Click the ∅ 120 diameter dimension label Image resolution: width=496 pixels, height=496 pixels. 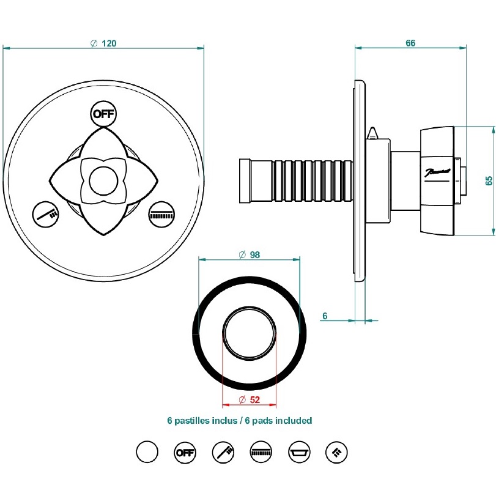(x=103, y=43)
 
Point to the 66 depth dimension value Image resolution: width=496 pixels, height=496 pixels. (x=410, y=43)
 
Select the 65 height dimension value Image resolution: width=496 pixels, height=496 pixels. (x=488, y=180)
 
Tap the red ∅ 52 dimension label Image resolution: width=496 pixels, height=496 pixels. (x=249, y=399)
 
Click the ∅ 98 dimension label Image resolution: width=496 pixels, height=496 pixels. (x=249, y=254)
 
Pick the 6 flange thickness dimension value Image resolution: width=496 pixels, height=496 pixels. (x=325, y=316)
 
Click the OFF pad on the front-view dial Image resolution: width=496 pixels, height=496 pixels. (x=103, y=114)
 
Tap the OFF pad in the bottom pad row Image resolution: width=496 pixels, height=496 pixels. (x=184, y=453)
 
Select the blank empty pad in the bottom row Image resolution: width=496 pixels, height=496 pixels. (x=147, y=453)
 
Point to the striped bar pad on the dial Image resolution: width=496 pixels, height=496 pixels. (x=161, y=213)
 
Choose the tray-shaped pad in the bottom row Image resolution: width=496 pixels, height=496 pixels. (x=299, y=453)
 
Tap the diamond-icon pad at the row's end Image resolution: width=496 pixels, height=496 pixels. (x=337, y=453)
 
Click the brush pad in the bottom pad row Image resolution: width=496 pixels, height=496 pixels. (x=223, y=453)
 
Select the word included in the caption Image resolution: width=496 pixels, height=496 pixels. (x=294, y=421)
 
